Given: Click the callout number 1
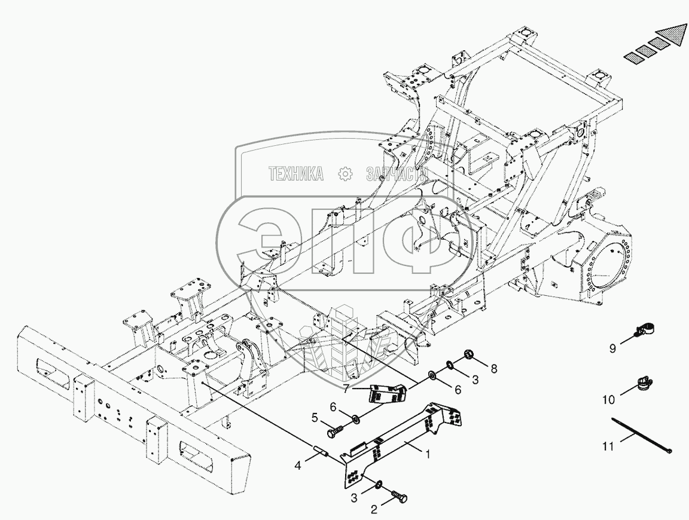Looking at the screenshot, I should (x=427, y=454).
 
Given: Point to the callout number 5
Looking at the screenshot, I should (x=315, y=418).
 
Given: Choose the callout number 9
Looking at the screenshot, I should (x=612, y=348).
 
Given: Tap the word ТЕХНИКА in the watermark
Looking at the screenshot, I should (x=295, y=174).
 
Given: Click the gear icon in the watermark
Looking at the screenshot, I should (x=345, y=174).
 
